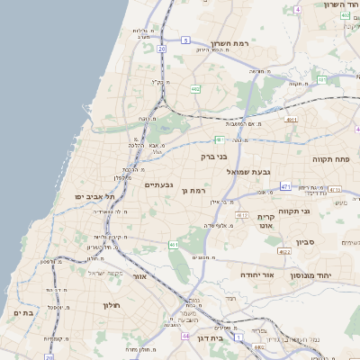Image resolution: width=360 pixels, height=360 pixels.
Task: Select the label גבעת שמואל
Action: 242,171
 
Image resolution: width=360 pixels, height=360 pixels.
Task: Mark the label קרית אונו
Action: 265,222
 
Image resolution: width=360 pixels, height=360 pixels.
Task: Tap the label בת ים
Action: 22,312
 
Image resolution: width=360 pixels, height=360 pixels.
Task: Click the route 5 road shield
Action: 185,40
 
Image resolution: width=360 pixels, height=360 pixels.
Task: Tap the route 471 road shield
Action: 285,186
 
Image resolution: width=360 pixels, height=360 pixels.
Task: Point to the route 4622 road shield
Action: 284,253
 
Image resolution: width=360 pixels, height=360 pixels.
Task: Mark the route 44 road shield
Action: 185,336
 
